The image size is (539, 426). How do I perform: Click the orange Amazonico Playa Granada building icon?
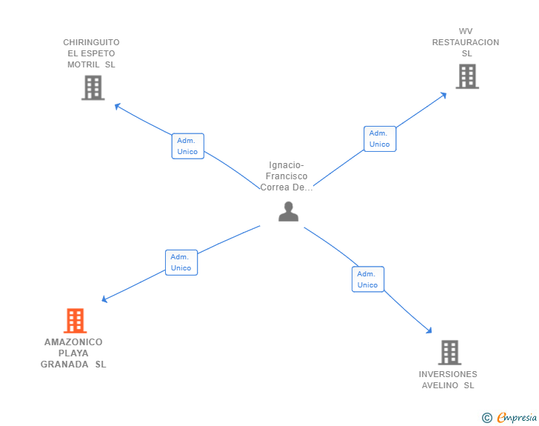tap(75, 321)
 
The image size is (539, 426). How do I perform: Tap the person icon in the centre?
tap(288, 212)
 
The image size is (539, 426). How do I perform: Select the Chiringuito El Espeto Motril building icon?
tap(93, 88)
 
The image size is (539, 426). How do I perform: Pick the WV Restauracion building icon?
tap(466, 76)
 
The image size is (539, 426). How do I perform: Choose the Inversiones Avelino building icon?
tap(449, 353)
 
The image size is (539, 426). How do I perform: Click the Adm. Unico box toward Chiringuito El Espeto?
tap(187, 146)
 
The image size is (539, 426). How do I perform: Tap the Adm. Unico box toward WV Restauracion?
tap(380, 139)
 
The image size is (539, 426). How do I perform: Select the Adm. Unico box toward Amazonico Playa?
tap(181, 262)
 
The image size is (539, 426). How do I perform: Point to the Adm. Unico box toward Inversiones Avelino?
tap(367, 279)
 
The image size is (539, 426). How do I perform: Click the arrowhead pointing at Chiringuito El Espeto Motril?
tap(117, 105)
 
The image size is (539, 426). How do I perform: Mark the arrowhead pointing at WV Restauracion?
tap(443, 94)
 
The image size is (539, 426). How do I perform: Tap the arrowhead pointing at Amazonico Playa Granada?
tap(104, 299)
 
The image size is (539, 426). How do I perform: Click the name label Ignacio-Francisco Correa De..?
tap(287, 176)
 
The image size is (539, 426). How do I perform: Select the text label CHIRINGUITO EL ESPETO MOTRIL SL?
tap(91, 53)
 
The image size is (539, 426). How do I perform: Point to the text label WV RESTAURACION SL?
tap(466, 42)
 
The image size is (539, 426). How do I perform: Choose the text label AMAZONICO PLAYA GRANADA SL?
tap(73, 353)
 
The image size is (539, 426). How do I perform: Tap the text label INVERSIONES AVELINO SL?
tap(448, 379)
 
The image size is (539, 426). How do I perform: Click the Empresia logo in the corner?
tap(517, 418)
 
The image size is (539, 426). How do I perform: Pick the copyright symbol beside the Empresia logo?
tap(486, 418)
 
